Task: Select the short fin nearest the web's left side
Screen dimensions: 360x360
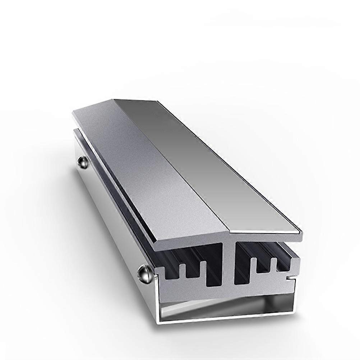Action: pyautogui.click(x=203, y=268)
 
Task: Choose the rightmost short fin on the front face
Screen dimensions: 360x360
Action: pyautogui.click(x=274, y=265)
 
